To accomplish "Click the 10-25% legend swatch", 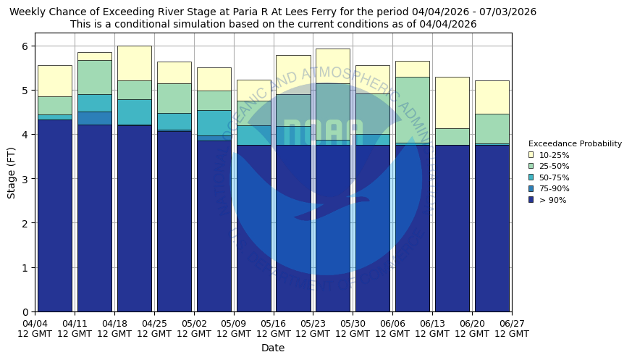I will (x=531, y=155).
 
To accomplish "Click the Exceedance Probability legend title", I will (x=575, y=143).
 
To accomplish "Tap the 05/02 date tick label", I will (x=194, y=328).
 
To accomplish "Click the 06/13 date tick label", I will (x=432, y=328).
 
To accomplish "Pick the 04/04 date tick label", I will (x=35, y=328).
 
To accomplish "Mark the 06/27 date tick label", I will (x=511, y=328).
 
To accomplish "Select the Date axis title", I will (x=273, y=348).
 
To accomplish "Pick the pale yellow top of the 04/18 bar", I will (x=134, y=63).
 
